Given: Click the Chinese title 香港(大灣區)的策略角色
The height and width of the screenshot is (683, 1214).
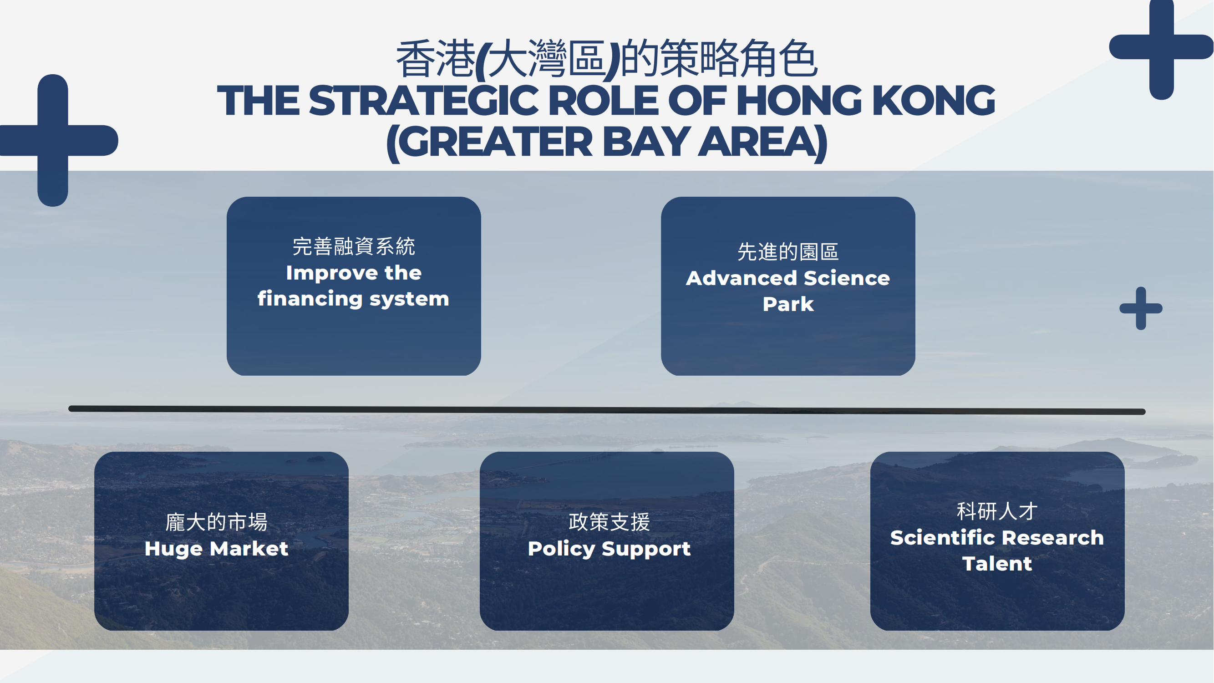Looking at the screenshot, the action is [606, 58].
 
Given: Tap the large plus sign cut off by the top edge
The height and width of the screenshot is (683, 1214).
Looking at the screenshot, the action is [1161, 47].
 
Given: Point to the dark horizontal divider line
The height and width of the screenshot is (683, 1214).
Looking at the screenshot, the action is [607, 410].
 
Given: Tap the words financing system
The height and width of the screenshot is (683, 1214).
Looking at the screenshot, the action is [353, 299].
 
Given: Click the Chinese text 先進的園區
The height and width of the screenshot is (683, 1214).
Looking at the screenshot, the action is [788, 252].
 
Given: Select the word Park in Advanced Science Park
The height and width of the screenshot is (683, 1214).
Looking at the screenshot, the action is [788, 304].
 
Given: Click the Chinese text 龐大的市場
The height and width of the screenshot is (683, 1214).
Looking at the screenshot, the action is [216, 522].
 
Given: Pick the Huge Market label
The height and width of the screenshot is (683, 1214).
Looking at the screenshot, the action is [216, 549].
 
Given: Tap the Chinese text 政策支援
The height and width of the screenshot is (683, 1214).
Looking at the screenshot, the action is [609, 522].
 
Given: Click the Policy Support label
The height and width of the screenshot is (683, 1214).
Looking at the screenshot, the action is [609, 549].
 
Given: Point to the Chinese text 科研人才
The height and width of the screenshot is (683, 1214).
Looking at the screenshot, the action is [997, 511].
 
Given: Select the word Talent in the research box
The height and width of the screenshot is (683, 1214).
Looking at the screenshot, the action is [997, 564].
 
